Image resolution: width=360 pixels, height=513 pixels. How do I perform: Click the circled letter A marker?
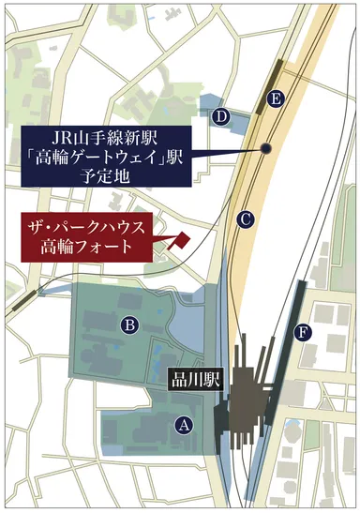184,424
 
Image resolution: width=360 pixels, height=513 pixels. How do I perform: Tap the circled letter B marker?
130,324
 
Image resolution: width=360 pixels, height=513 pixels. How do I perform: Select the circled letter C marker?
246,219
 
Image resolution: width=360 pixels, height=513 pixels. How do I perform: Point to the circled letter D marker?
221,116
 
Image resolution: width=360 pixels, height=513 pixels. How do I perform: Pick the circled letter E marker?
275,98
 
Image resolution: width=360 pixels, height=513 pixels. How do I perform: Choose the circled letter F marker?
301,331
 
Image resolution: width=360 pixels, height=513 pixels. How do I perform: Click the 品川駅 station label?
192,382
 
